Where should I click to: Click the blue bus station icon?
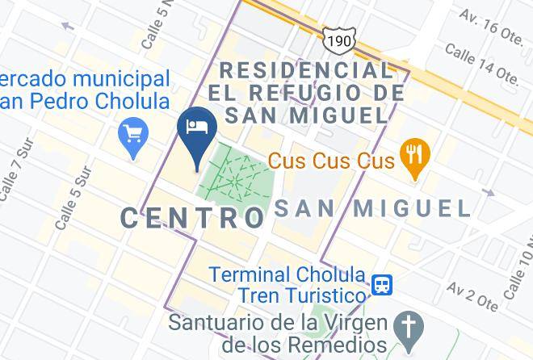coord(383,285)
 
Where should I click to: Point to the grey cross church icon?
coord(409,327)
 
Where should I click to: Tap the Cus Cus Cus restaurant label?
coord(331,161)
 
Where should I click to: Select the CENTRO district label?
coord(194,216)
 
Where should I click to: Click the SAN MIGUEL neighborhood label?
coord(372,208)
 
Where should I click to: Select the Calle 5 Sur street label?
coord(73,198)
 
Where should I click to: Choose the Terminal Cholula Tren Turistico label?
coord(287,285)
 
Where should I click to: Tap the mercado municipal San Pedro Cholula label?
coord(85,90)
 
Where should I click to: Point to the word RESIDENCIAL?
coord(306,70)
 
